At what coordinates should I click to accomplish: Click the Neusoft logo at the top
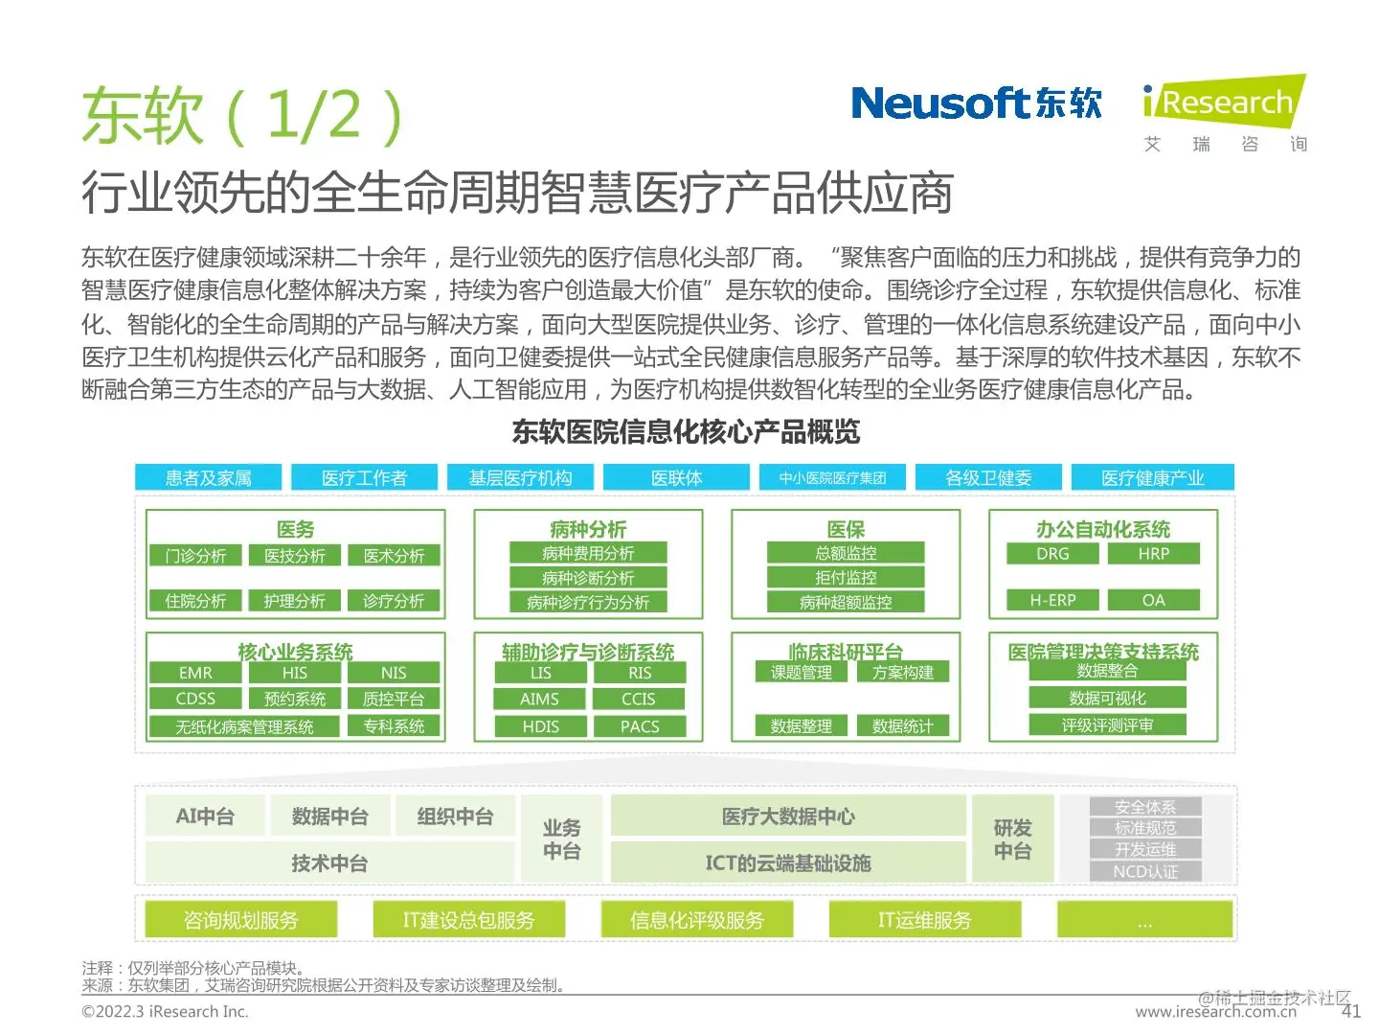(976, 103)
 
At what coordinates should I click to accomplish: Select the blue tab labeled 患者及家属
(208, 477)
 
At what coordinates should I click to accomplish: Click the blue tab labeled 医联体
(676, 477)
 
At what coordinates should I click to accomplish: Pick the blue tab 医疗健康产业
(1152, 477)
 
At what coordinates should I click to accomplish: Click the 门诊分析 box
(195, 556)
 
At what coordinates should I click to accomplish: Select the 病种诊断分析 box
(588, 578)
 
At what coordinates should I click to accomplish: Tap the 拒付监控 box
(846, 577)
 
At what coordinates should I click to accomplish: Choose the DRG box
(1052, 554)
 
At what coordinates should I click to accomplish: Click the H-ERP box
(1052, 600)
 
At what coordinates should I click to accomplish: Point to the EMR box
(195, 673)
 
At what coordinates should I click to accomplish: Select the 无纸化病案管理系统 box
(244, 726)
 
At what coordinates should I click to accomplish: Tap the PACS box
(640, 726)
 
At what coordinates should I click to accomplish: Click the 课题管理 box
(802, 673)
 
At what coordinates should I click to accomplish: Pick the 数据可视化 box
(1107, 698)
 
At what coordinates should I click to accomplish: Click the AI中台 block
(205, 816)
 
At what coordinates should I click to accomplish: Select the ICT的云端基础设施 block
(787, 862)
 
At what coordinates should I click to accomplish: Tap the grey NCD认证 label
(1145, 871)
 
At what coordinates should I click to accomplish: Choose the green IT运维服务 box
(924, 920)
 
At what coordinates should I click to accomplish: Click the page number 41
(1351, 1011)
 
